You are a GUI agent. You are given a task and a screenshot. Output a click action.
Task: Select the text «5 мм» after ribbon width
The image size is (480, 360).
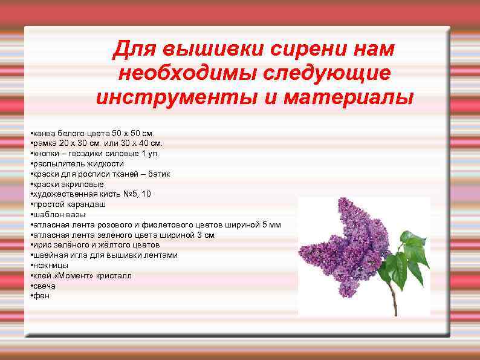pos(271,224)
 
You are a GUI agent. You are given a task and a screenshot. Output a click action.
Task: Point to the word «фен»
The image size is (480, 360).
pos(41,296)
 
